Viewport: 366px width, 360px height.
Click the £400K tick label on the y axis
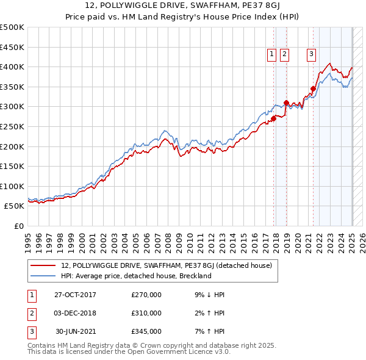[x=12, y=67]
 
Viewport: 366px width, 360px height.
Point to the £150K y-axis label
[x=12, y=166]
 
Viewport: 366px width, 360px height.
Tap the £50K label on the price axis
[x=15, y=206]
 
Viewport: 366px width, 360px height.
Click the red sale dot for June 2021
[x=313, y=88]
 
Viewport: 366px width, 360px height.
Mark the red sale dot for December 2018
[x=286, y=103]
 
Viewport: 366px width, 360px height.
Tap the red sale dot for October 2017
[x=274, y=118]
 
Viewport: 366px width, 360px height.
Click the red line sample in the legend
[x=43, y=265]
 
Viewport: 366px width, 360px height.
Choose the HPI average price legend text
[x=135, y=276]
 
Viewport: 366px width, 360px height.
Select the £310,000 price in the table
[x=146, y=313]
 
